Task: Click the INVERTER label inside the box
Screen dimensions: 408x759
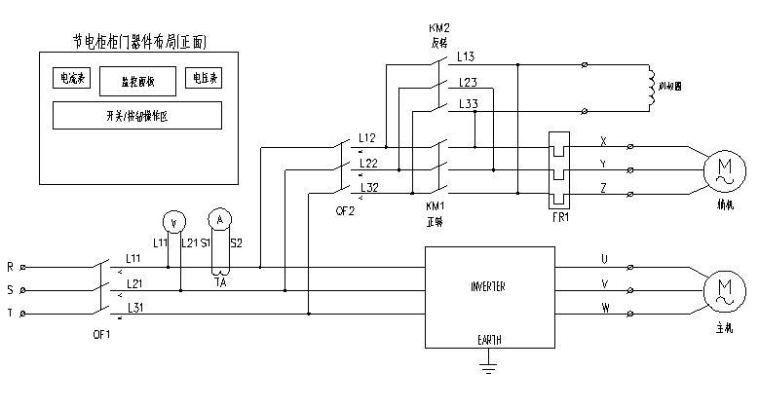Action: [488, 287]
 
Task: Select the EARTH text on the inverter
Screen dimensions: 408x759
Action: [488, 340]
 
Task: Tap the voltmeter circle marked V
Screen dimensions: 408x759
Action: [173, 222]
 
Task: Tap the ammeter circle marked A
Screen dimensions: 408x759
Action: [220, 220]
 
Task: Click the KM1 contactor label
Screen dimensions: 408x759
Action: [436, 207]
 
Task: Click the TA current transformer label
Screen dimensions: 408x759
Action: [220, 281]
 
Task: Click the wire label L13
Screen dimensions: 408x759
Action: [467, 57]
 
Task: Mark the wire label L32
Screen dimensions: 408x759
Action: [369, 186]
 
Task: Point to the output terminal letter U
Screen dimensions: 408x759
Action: [604, 259]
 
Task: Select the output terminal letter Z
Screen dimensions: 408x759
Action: [604, 187]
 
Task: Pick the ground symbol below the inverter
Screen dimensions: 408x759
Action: [487, 366]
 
